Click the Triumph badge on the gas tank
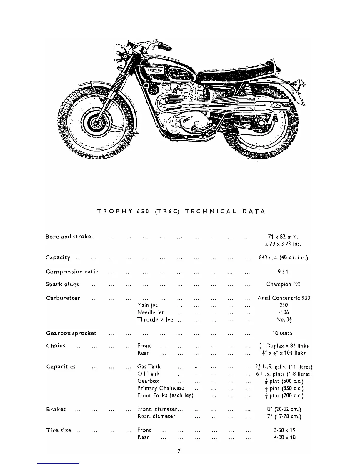point(154,71)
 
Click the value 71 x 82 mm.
point(283,237)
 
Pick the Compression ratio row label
point(72,272)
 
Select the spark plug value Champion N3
point(283,284)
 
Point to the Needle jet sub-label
point(151,312)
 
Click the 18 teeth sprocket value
point(282,333)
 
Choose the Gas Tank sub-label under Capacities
point(149,367)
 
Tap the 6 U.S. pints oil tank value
point(284,374)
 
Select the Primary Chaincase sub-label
point(161,388)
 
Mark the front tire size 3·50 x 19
point(284,430)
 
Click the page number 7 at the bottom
point(179,451)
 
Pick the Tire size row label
point(59,430)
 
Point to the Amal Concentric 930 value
point(284,298)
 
